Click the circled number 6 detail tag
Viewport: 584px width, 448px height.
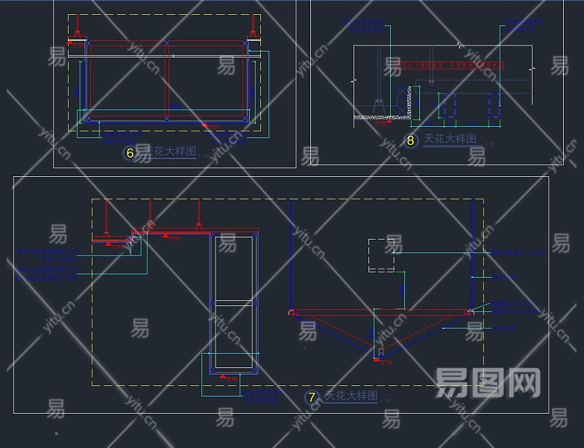coord(131,154)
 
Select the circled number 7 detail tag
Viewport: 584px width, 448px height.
coord(313,398)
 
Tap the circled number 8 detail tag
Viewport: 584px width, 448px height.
coord(410,140)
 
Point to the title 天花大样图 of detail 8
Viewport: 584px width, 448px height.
coord(449,139)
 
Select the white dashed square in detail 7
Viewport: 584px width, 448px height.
coord(381,255)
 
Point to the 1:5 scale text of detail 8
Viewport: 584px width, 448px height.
coord(489,143)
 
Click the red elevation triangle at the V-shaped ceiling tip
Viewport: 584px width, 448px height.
coord(380,360)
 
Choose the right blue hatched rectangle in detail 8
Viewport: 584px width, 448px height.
coord(494,105)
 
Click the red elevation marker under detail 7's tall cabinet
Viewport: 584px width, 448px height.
coord(225,379)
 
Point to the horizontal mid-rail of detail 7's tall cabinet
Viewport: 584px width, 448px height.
coord(235,302)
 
